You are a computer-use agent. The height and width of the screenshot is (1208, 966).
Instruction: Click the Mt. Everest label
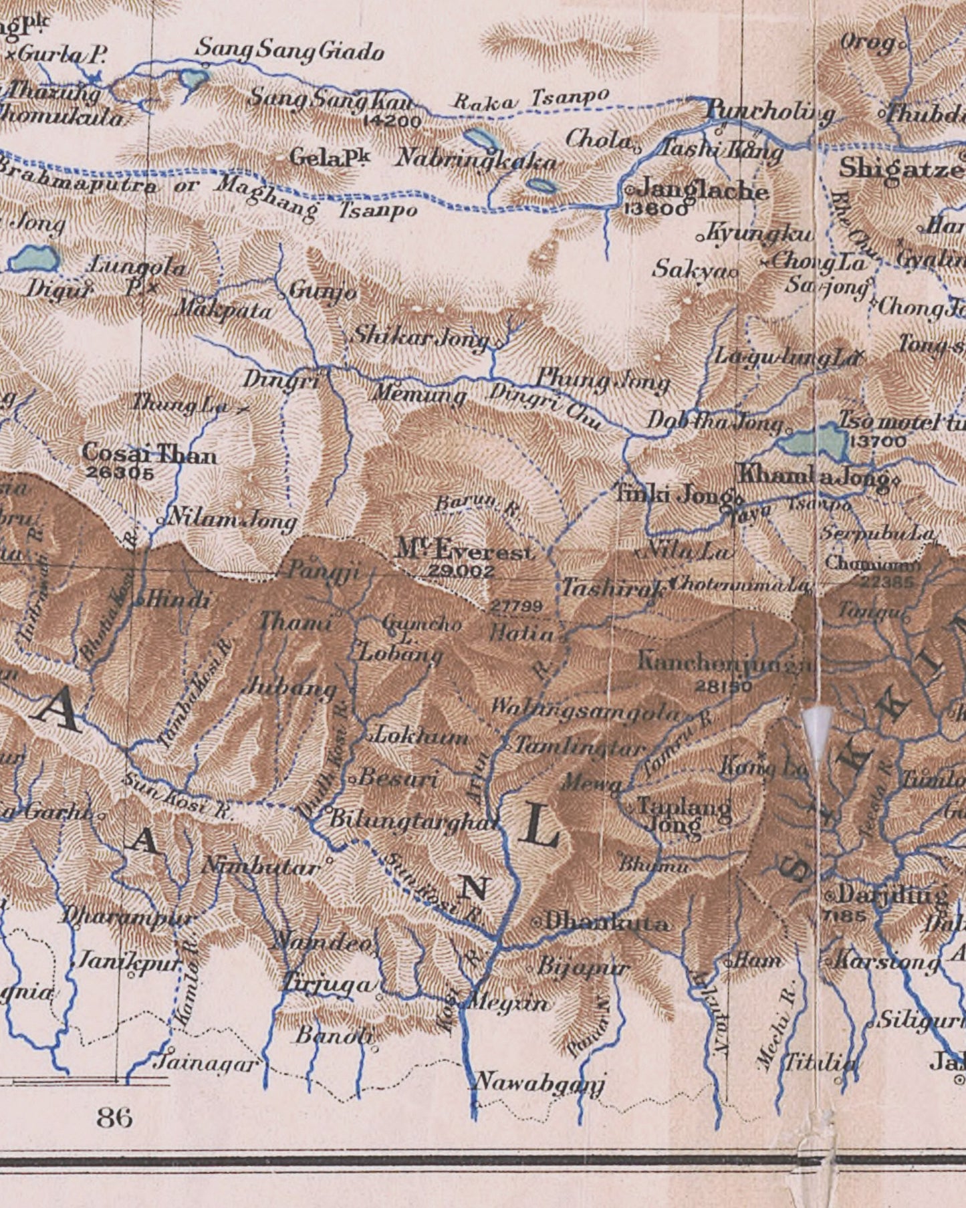tap(466, 551)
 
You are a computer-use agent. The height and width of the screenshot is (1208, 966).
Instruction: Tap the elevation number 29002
tap(461, 572)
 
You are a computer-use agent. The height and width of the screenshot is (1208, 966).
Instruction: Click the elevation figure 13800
tap(654, 210)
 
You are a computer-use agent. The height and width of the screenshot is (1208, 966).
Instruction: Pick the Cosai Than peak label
tap(149, 455)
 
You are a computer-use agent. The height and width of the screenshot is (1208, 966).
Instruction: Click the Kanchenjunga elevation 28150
tap(723, 686)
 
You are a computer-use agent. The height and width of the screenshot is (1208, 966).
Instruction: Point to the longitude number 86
tap(114, 1117)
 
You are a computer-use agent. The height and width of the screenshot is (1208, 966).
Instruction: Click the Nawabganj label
tap(539, 1082)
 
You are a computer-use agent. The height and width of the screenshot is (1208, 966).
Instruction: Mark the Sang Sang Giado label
tap(289, 51)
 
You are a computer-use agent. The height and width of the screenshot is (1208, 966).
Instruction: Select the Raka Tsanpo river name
tap(531, 100)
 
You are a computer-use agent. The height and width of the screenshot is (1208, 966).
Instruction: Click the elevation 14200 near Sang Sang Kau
tap(393, 122)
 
